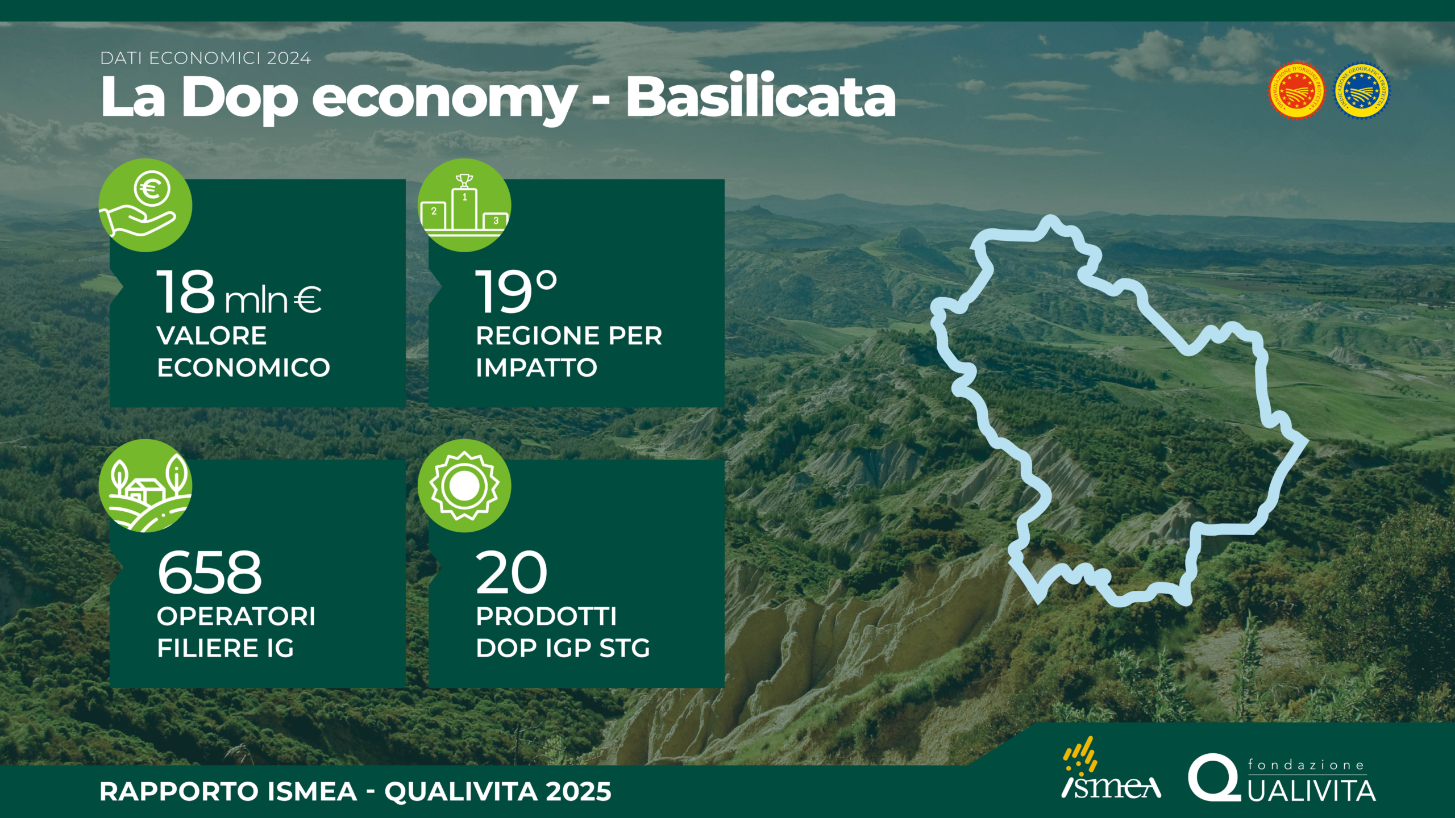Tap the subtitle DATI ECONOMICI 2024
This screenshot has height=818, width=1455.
coord(206,58)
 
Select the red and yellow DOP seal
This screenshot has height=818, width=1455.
coord(1297,91)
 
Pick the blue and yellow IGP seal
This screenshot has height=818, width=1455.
coord(1362,91)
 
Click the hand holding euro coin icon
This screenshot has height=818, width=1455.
coord(145,205)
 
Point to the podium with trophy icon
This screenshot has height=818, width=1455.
coord(464,205)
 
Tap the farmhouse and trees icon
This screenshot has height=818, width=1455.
coord(145,486)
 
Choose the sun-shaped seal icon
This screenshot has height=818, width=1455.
coord(464,486)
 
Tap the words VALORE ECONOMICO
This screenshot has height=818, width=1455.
coord(243,351)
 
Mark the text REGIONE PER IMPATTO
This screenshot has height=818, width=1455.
coord(569,351)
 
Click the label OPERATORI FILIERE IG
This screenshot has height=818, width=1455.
coord(236,632)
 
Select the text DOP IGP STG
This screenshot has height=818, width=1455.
coord(563,648)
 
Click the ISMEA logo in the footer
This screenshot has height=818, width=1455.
coord(1111,768)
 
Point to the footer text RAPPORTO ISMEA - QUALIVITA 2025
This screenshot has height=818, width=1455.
coord(355,791)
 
